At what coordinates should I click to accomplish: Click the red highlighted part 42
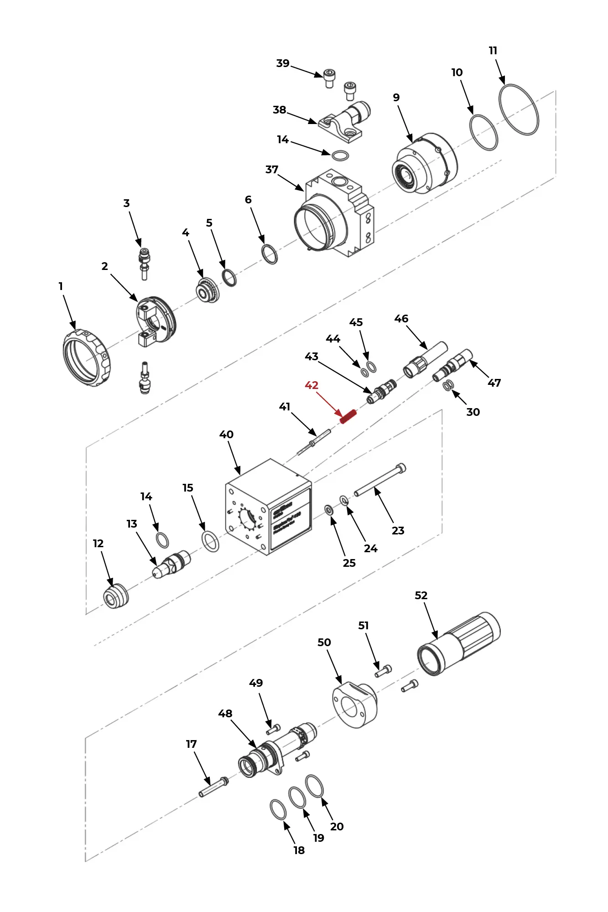(x=348, y=416)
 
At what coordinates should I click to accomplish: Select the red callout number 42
(x=312, y=385)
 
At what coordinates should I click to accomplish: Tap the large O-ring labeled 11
(x=519, y=109)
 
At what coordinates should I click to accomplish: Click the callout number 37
(x=272, y=170)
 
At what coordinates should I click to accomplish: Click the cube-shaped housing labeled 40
(x=268, y=507)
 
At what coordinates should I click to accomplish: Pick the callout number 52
(x=421, y=596)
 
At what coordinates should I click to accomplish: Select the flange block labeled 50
(x=354, y=705)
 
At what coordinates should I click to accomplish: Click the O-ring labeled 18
(x=278, y=809)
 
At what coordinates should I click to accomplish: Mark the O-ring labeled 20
(x=314, y=786)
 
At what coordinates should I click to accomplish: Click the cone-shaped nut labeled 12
(x=115, y=596)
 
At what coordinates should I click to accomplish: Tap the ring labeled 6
(x=270, y=254)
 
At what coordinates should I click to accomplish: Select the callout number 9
(x=396, y=98)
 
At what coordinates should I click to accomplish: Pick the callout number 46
(x=401, y=319)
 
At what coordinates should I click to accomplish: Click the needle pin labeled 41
(x=314, y=441)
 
